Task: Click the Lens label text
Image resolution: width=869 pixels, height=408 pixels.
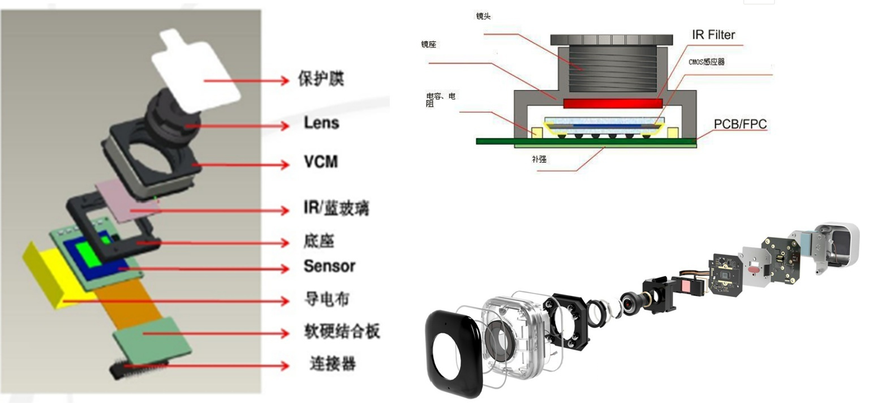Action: [x=321, y=122]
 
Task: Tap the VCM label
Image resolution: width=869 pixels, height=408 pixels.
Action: [x=321, y=162]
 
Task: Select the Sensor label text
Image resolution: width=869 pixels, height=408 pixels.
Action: [x=329, y=265]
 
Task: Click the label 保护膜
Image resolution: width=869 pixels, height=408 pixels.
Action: [x=321, y=79]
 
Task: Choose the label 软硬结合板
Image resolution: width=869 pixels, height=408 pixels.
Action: [x=342, y=331]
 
